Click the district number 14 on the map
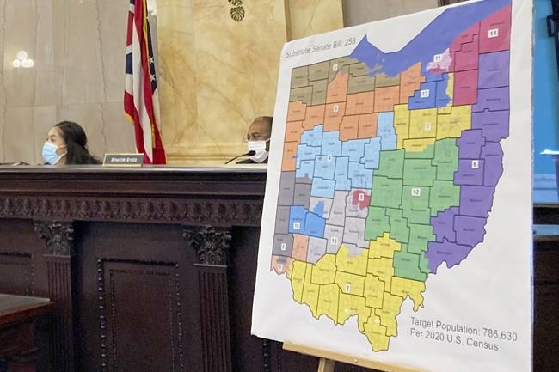point(492,34)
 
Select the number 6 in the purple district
point(474,163)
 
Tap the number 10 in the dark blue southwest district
point(297,226)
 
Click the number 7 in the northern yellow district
point(427,126)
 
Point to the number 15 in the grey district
point(334,240)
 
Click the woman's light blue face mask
point(52,153)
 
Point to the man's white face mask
point(258,150)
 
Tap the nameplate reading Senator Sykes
point(123,160)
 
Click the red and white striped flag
point(143,86)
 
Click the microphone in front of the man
point(242,156)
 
